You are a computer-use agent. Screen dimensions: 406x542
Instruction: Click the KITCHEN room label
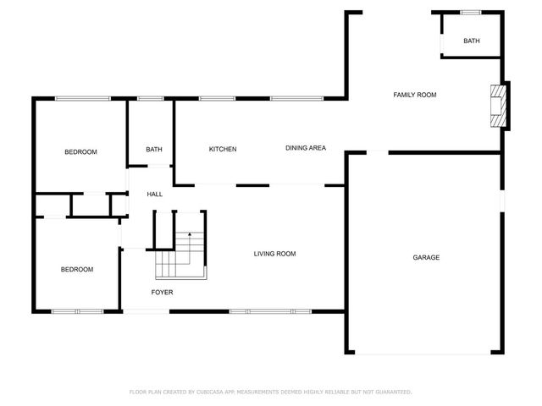pos(223,150)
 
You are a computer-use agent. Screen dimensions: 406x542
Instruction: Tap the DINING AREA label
pos(305,149)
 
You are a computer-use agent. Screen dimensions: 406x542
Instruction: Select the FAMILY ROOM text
pos(414,96)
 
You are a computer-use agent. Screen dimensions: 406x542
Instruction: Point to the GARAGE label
pos(426,257)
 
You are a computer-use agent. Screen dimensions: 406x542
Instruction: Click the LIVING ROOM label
pos(275,254)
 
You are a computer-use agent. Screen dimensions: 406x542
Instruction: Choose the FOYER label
pos(162,293)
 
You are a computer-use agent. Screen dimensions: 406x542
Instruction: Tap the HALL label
pos(155,195)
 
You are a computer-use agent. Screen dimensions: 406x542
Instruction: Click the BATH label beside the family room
pos(471,41)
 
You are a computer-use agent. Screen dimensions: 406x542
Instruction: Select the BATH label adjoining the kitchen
pos(154,150)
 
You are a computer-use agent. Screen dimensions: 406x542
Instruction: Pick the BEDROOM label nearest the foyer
pos(76,269)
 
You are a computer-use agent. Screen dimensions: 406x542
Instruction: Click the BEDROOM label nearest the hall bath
pos(81,152)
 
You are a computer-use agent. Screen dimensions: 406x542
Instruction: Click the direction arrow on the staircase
pos(190,234)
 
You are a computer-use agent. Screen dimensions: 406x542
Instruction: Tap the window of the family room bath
pos(471,12)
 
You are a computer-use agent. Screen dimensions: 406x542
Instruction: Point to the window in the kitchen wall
pos(217,98)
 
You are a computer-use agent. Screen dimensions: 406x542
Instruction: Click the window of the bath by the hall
pos(151,98)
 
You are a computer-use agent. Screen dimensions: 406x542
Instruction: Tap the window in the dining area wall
pos(296,98)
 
